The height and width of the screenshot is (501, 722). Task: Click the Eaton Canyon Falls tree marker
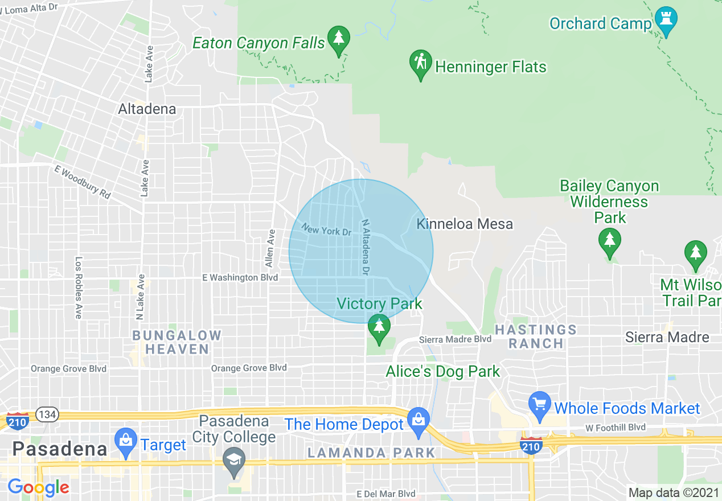tap(339, 40)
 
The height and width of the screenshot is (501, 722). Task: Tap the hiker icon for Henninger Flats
tap(421, 64)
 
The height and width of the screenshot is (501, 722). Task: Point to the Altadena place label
tap(147, 109)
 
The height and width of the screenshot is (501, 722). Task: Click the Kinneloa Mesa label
tap(465, 224)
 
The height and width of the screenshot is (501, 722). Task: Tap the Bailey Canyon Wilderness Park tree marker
tap(610, 241)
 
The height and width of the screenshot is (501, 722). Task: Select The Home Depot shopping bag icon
tap(419, 421)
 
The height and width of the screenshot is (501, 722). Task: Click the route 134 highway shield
tap(46, 414)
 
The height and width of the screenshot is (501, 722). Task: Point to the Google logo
tap(38, 487)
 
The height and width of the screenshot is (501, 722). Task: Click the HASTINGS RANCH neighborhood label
tap(535, 336)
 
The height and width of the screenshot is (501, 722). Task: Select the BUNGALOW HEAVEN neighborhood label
tap(177, 342)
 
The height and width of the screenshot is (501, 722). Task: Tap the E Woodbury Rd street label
tap(83, 182)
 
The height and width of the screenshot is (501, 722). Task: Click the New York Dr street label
tap(327, 230)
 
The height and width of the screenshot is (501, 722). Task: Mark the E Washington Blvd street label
tap(240, 278)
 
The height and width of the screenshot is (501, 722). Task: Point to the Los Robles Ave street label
tap(79, 287)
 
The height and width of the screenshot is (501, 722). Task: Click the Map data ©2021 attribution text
tap(674, 492)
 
